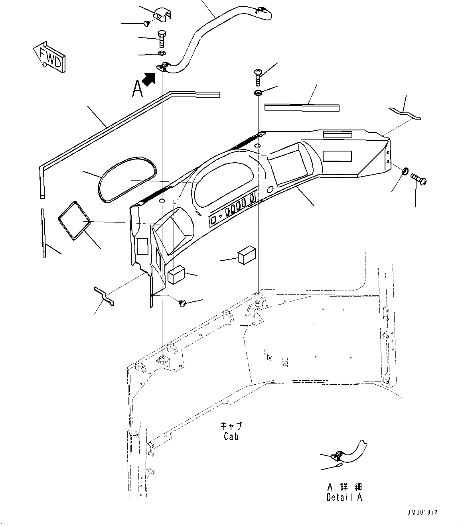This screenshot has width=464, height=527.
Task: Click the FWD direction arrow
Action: point(49,56)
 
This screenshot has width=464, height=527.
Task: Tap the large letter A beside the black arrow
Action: point(137,88)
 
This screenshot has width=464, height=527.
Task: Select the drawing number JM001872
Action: point(422,512)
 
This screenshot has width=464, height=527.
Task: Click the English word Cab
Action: point(231,436)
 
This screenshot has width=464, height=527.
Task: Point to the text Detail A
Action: point(344,497)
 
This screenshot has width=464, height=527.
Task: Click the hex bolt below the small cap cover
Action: point(162,39)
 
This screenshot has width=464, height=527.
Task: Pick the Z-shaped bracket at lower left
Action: point(105,296)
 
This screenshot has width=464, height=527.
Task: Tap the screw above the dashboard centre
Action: point(257,77)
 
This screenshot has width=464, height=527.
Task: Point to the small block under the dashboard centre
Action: point(247,255)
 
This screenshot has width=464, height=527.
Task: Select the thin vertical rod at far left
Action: point(43,232)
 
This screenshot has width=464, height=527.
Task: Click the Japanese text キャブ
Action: point(231,426)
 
